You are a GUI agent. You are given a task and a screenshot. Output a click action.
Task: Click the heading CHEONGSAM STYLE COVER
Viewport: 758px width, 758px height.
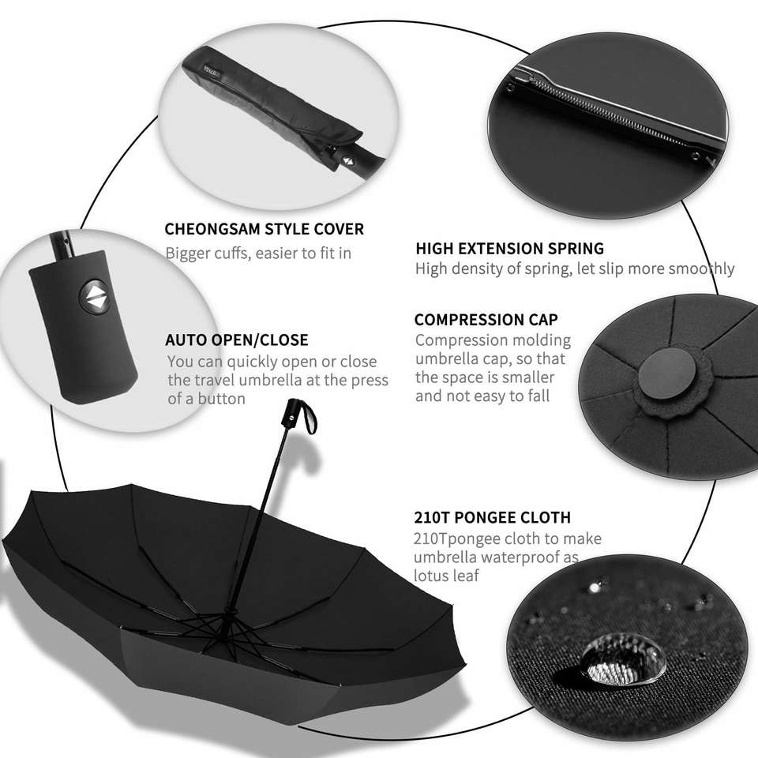click(264, 229)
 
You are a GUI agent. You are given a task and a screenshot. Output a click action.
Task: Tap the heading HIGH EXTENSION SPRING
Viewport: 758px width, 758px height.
click(509, 249)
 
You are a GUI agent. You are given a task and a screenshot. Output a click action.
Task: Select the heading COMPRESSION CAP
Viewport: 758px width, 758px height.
click(486, 320)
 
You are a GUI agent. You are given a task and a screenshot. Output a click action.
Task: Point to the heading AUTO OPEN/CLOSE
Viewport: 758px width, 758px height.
click(236, 340)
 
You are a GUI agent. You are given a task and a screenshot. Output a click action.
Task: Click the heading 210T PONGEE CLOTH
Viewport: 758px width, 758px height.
click(492, 517)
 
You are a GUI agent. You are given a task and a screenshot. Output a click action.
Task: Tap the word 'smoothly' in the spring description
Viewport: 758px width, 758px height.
click(701, 268)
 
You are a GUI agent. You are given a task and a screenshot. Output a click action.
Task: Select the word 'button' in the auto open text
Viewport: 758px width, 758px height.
click(221, 399)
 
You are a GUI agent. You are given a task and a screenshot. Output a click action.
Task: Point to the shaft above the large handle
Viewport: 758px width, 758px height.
click(62, 246)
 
